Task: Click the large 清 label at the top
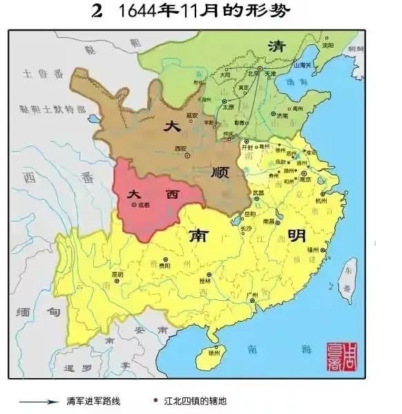click(x=277, y=46)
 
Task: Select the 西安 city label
click(x=182, y=148)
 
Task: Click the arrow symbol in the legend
click(x=37, y=401)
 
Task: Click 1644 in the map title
click(x=144, y=12)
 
